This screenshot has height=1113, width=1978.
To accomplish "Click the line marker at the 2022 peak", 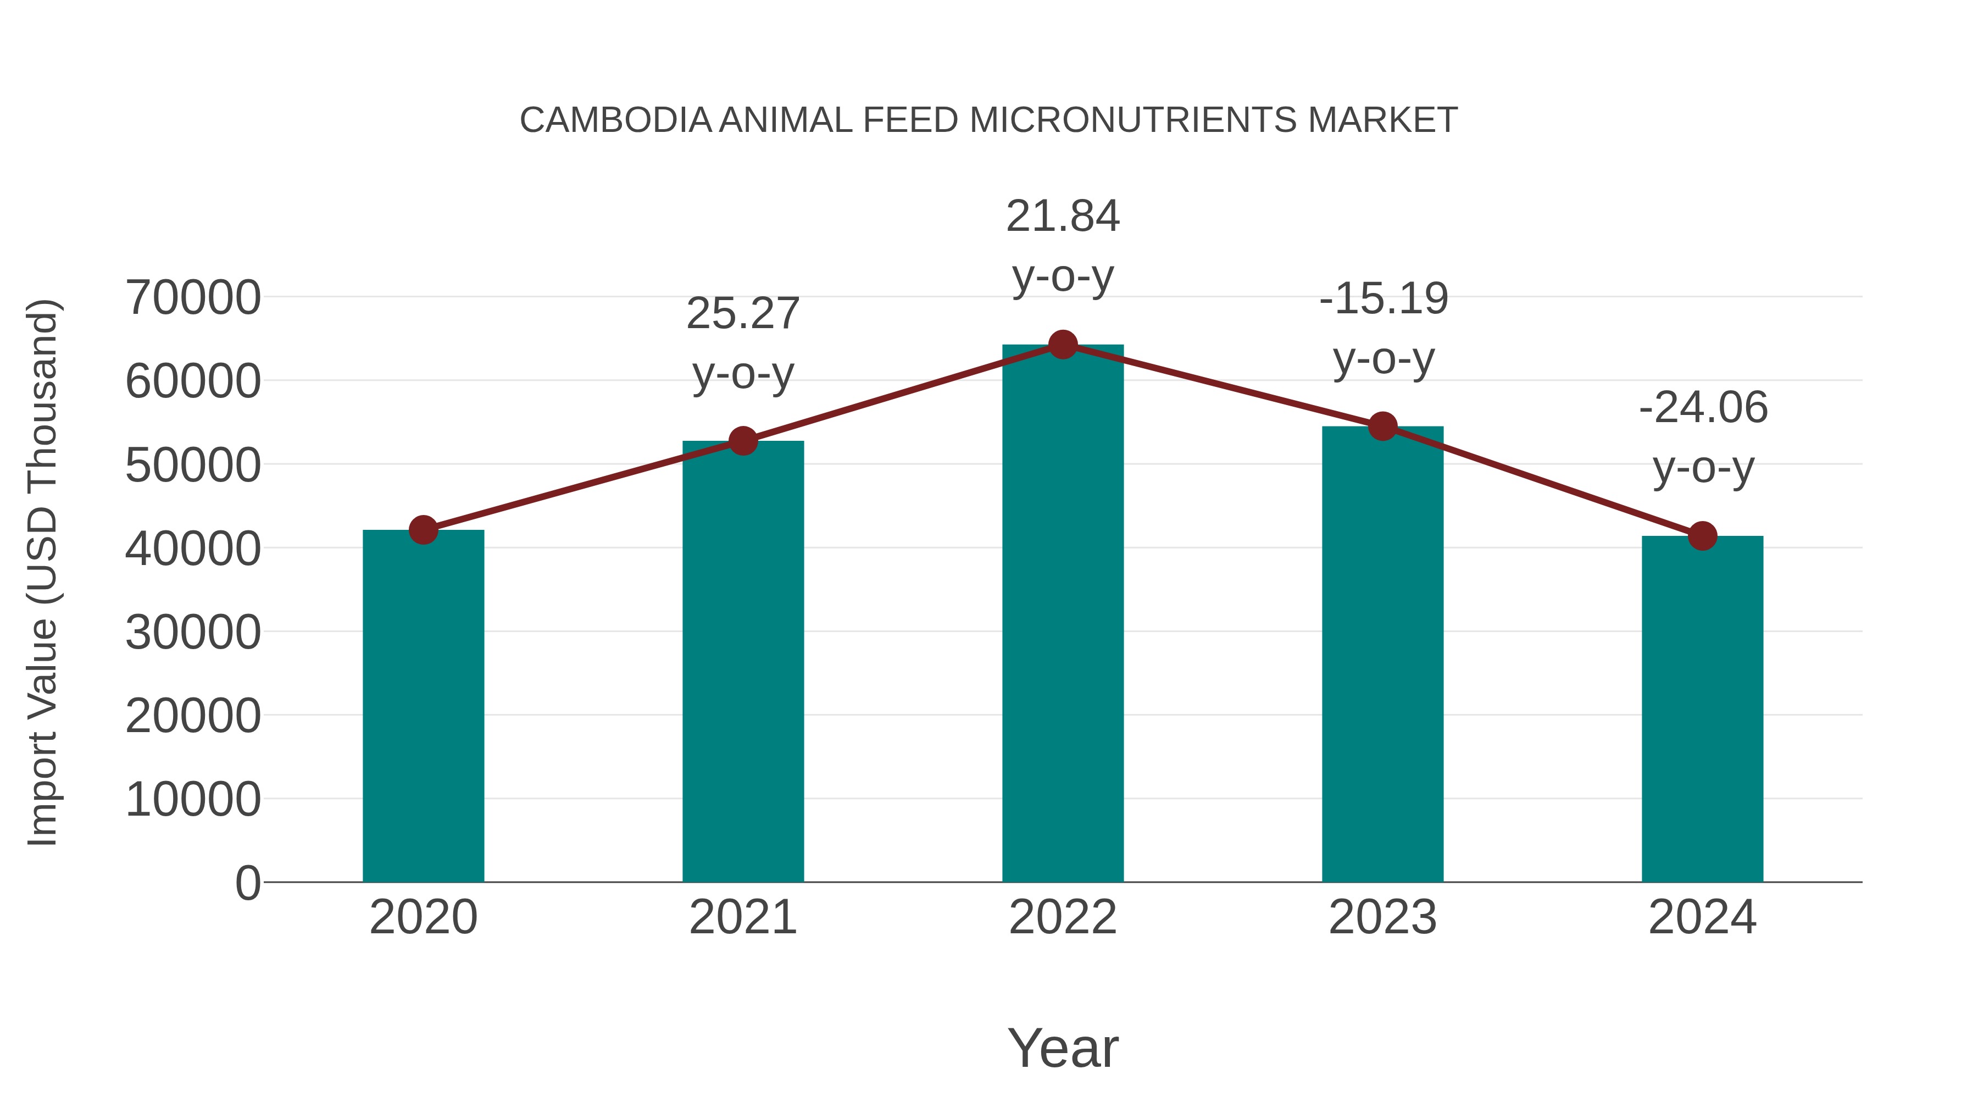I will pos(1063,345).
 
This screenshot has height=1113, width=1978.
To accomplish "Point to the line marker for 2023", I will pos(1383,427).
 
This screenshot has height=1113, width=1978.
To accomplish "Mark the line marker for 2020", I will pos(423,530).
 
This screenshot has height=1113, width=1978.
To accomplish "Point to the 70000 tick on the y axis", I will pos(193,298).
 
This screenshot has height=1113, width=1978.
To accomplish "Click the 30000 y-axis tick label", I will pos(193,633).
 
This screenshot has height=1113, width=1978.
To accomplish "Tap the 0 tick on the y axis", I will pos(248,883).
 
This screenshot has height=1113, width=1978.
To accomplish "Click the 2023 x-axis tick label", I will pos(1383,917).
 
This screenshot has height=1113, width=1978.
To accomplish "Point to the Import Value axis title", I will pos(43,572).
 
